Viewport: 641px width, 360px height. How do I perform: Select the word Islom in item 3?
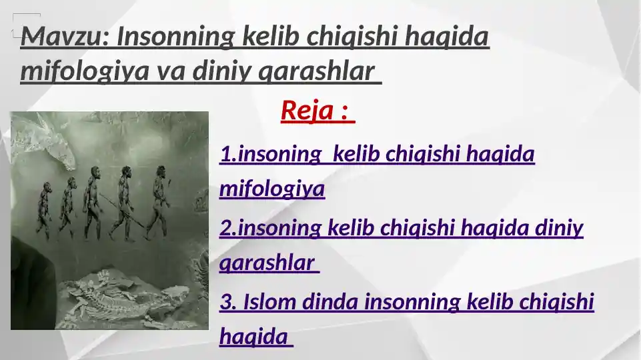269,302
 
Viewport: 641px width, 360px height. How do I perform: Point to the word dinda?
330,302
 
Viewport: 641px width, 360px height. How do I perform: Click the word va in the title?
171,71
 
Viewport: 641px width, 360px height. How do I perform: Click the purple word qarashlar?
267,263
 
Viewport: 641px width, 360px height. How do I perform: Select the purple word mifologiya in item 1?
272,189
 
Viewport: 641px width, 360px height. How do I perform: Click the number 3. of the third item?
228,302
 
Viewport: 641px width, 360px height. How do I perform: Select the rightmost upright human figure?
158,202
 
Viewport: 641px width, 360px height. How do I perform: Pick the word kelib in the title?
271,36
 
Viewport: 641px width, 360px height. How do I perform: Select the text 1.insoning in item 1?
271,155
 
